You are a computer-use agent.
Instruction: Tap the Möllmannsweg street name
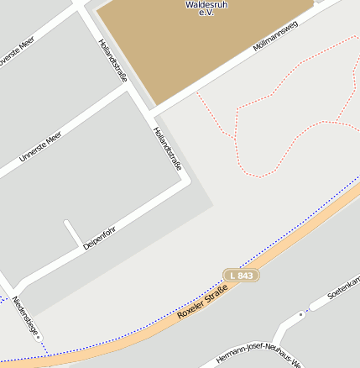(275, 37)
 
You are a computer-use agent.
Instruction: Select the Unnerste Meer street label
(40, 146)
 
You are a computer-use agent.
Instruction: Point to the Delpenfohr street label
(99, 235)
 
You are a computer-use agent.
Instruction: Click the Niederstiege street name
(25, 316)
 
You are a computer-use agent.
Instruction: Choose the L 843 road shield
(241, 275)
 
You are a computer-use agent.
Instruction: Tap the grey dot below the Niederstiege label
(39, 338)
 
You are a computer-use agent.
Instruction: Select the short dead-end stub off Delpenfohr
(70, 230)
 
